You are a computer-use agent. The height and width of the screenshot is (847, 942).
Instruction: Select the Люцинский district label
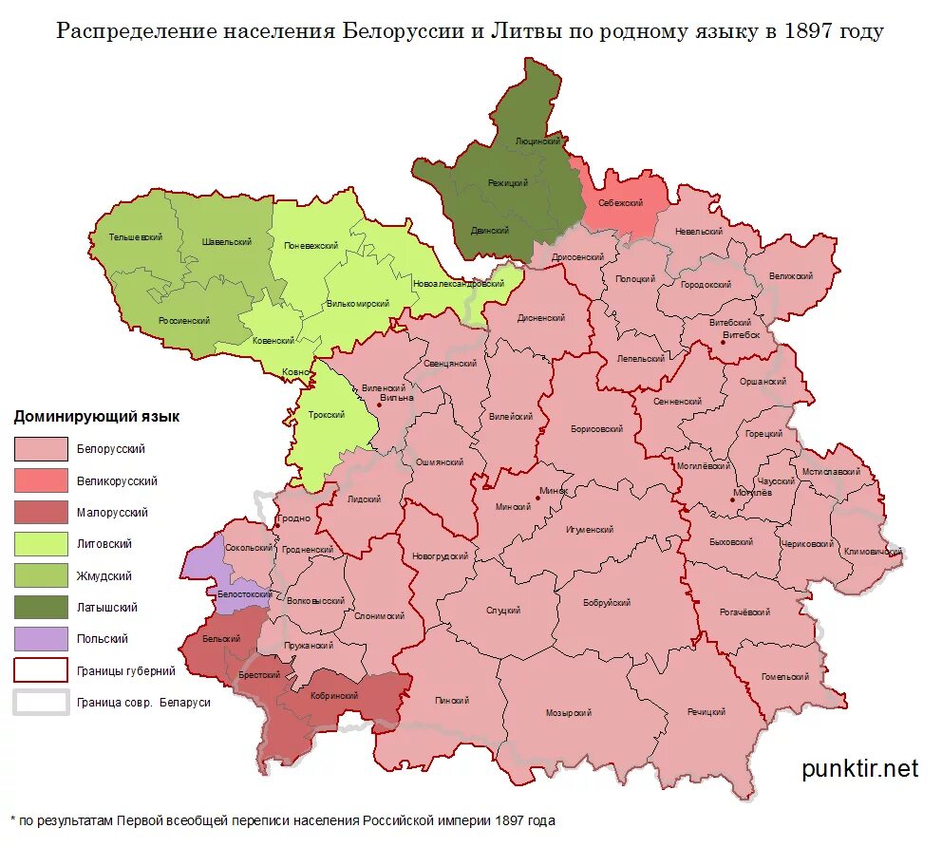(537, 141)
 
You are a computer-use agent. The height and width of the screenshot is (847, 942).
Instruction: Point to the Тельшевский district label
(135, 236)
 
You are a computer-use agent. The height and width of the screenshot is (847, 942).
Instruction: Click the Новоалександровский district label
(458, 284)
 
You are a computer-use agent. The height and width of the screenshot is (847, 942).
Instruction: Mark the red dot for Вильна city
(379, 405)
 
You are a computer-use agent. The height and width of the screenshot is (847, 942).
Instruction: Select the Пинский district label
(452, 701)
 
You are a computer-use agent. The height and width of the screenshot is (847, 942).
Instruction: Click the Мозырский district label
(569, 713)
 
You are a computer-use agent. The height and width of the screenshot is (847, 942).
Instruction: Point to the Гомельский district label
(785, 677)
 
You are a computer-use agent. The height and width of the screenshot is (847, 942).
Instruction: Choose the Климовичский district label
(873, 551)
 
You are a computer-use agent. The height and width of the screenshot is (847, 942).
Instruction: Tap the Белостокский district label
(244, 593)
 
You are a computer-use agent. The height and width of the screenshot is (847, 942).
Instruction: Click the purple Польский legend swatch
(41, 639)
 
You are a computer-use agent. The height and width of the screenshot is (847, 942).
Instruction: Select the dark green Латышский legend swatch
(41, 608)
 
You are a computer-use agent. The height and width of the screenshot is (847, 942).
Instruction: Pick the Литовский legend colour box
(41, 544)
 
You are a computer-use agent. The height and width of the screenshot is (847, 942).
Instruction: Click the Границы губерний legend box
(41, 670)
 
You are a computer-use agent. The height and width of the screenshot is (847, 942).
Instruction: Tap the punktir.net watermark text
(859, 768)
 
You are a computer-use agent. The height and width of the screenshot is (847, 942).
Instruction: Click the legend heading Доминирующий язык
(96, 417)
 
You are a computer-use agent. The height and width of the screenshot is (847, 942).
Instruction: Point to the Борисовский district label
(596, 429)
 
